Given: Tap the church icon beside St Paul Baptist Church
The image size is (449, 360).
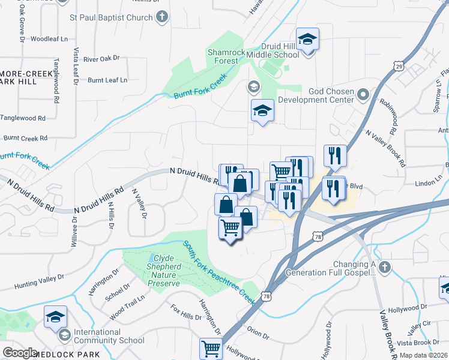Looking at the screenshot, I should (x=162, y=18).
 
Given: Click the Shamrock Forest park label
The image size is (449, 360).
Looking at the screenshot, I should (x=226, y=56).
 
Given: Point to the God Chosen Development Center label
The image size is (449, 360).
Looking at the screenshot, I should (x=331, y=95).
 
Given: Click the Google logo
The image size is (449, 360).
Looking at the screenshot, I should (x=20, y=352).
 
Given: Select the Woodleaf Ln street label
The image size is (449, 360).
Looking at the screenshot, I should (x=49, y=38).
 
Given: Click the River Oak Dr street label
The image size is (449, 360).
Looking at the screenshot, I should (x=101, y=59).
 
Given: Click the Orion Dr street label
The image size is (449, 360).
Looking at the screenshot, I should (x=258, y=329).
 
